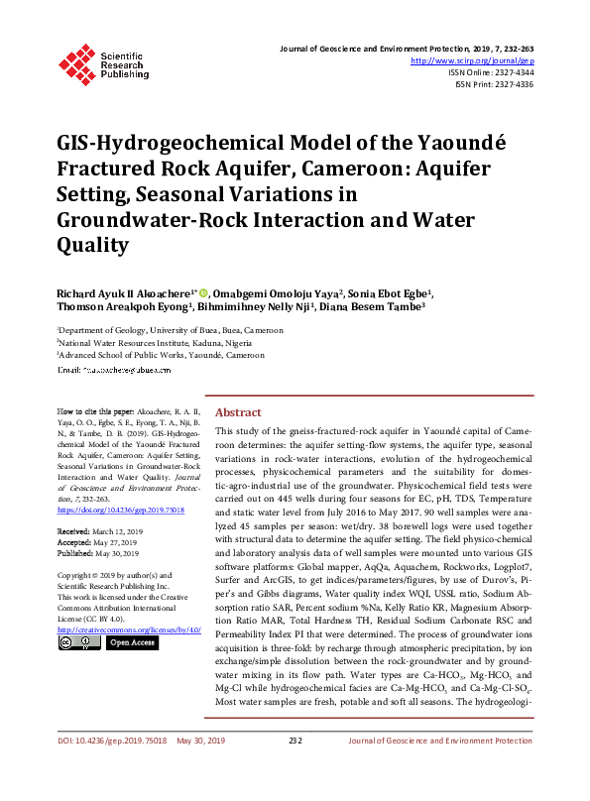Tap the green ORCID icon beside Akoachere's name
tap(205, 293)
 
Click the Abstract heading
tap(238, 412)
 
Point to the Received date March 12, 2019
tap(118, 532)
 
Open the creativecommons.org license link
tap(129, 629)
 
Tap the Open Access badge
tap(132, 642)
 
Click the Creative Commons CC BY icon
tap(79, 642)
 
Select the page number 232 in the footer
tap(295, 768)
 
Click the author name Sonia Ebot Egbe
tap(390, 293)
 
